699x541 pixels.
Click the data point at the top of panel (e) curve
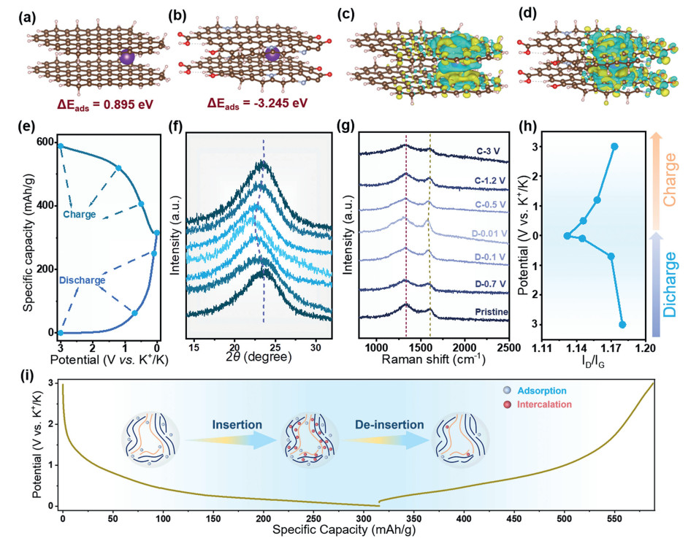[x=61, y=146]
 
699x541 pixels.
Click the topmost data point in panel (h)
[x=614, y=147]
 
